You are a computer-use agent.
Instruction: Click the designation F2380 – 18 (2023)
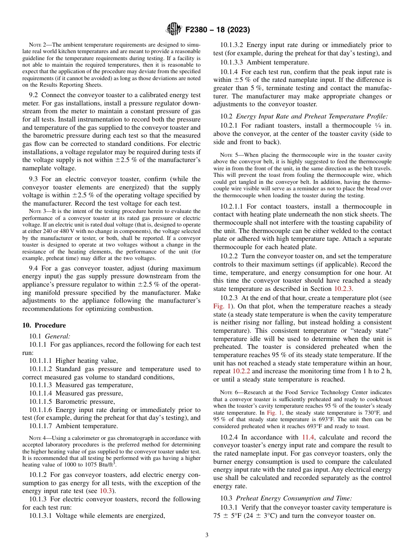click(x=217, y=30)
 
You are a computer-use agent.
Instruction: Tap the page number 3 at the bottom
click(x=207, y=535)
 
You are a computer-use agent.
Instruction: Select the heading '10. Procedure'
click(x=44, y=325)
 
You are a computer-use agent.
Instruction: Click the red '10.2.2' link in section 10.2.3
click(x=241, y=371)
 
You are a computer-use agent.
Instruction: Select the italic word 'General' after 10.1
click(x=58, y=336)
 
